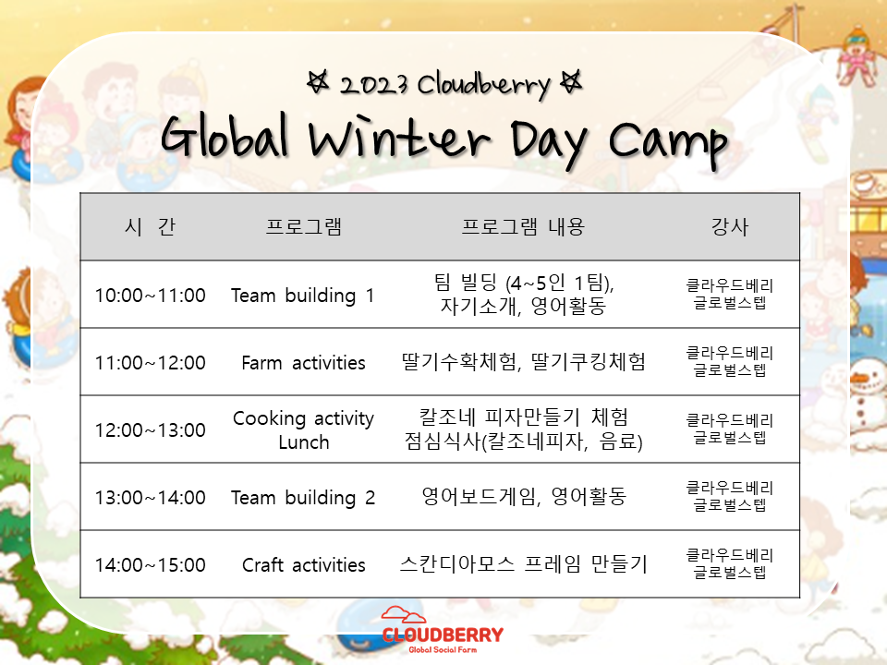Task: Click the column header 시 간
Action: pyautogui.click(x=150, y=227)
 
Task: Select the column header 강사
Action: pyautogui.click(x=730, y=227)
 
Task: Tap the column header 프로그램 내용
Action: pyautogui.click(x=523, y=227)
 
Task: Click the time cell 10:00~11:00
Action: pyautogui.click(x=150, y=296)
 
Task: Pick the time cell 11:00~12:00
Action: pyautogui.click(x=150, y=362)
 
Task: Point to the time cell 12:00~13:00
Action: pyautogui.click(x=150, y=429)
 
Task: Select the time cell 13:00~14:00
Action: pyautogui.click(x=150, y=498)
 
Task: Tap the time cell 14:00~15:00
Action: pyautogui.click(x=150, y=565)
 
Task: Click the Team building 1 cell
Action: pyautogui.click(x=303, y=296)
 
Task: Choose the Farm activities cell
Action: pyautogui.click(x=303, y=362)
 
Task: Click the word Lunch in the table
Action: pyautogui.click(x=304, y=441)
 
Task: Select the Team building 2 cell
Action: pyautogui.click(x=303, y=498)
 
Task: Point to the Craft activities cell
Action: pyautogui.click(x=303, y=565)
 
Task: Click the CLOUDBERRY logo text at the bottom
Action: pyautogui.click(x=443, y=635)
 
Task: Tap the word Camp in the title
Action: pyautogui.click(x=668, y=141)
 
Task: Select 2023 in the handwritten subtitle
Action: pyautogui.click(x=373, y=85)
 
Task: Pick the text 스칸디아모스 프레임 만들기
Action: pyautogui.click(x=523, y=564)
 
